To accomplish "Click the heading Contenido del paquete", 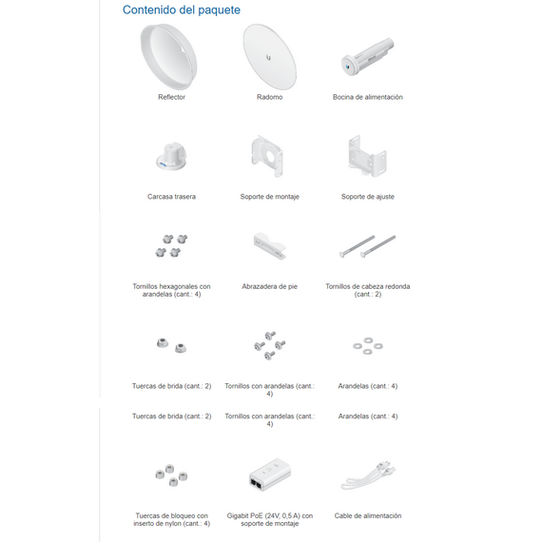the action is (181, 10).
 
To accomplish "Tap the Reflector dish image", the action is (168, 56).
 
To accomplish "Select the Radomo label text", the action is (270, 97).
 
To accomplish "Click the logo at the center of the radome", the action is (268, 58).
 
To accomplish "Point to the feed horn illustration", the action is (367, 56).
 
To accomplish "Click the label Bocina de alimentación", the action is (368, 97).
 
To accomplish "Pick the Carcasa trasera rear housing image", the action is (171, 156).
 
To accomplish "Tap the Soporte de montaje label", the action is (270, 197).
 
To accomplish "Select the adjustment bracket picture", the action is (367, 156).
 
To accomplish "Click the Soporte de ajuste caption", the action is (368, 197).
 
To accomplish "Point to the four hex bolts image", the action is (171, 245).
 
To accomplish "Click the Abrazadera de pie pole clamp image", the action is (270, 246).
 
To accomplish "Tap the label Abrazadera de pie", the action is (270, 286).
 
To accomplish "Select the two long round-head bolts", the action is (367, 246).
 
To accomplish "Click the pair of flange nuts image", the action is (171, 345).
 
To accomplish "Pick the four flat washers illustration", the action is (368, 346).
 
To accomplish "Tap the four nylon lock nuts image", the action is (171, 475).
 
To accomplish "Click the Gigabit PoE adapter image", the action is (270, 474).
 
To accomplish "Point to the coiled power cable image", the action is (368, 475).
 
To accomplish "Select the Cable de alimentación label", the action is (368, 515).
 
